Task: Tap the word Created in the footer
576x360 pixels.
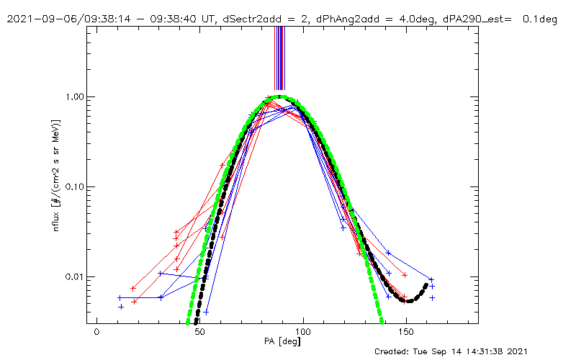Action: [x=395, y=351]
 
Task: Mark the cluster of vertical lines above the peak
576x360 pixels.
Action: [x=280, y=58]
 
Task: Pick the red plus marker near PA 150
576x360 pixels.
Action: [x=405, y=275]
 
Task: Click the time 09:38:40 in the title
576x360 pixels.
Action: [x=159, y=19]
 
